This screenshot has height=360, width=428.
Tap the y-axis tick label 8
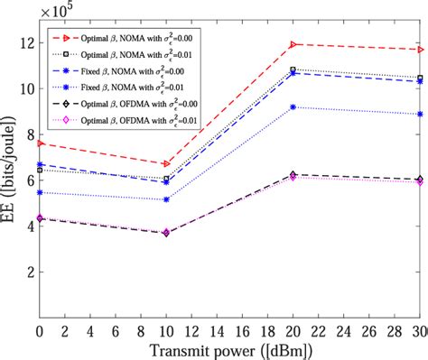click(27, 134)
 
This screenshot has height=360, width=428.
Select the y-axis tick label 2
click(27, 272)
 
